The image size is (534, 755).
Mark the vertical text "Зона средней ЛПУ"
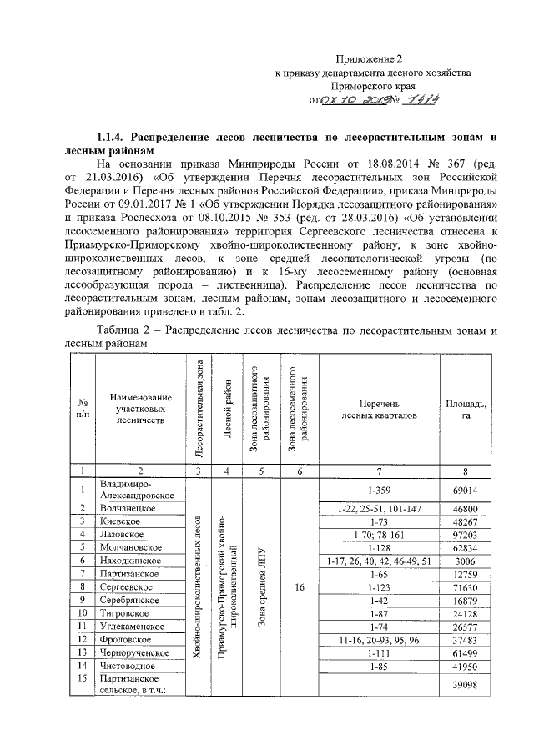pyautogui.click(x=262, y=588)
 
